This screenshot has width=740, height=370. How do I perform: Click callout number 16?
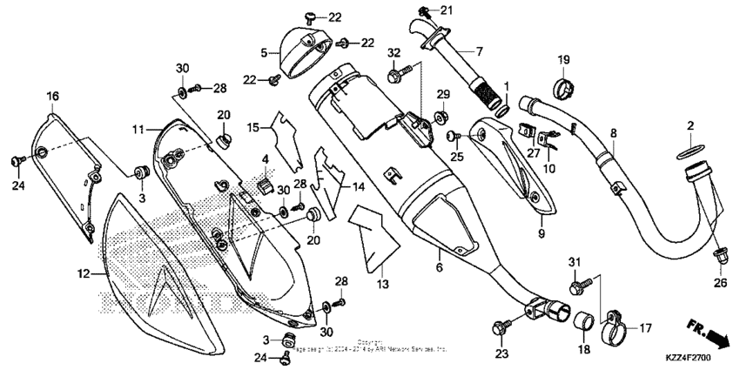point(53,95)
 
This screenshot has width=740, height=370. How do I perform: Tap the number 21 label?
point(447,10)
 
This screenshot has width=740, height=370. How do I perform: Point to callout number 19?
point(563,60)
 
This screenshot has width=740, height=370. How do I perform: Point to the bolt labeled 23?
point(501,327)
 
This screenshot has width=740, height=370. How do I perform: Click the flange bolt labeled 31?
point(577,284)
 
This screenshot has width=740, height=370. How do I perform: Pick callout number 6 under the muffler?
point(439,267)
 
